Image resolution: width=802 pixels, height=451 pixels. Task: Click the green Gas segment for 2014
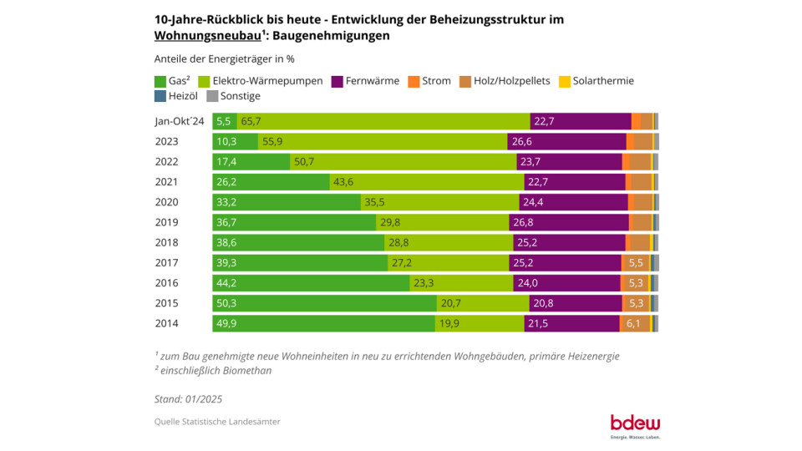point(323,323)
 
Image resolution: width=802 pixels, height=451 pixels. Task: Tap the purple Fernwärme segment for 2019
point(569,222)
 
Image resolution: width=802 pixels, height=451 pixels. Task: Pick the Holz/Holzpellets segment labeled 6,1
point(633,323)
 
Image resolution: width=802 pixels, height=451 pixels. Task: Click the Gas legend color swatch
point(160,81)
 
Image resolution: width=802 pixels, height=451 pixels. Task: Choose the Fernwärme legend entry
point(363,81)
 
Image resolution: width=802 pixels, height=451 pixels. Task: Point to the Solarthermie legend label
point(603,81)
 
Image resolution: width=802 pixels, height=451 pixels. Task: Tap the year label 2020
point(167,202)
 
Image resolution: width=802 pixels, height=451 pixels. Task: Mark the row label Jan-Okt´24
point(179,121)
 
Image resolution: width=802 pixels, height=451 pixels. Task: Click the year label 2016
point(167,283)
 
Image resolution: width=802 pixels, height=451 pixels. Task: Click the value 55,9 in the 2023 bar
point(273,141)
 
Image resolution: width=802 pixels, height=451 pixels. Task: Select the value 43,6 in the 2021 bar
point(343,182)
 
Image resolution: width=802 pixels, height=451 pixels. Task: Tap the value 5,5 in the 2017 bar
point(636,263)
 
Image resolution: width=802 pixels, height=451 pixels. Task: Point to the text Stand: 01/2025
point(188,399)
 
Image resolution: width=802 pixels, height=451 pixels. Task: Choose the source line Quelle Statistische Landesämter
point(217,422)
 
